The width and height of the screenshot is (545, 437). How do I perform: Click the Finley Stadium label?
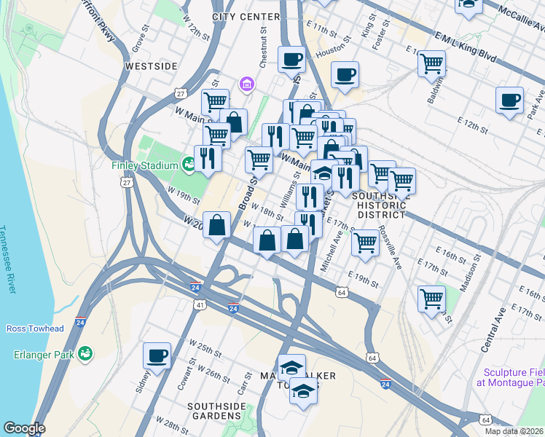[144, 165]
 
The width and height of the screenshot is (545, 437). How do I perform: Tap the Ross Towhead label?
[35, 328]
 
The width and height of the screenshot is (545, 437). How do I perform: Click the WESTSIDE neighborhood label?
[151, 66]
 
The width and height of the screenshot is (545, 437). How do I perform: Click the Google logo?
[24, 428]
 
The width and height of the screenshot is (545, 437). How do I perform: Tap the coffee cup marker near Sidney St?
[157, 355]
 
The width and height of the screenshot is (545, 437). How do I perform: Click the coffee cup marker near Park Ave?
[509, 100]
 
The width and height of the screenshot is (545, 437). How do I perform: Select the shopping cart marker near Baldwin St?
[432, 63]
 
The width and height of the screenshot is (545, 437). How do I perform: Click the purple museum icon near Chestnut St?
[247, 84]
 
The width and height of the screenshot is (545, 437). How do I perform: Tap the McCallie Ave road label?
[521, 21]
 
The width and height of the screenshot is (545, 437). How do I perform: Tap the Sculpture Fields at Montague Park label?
[511, 377]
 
